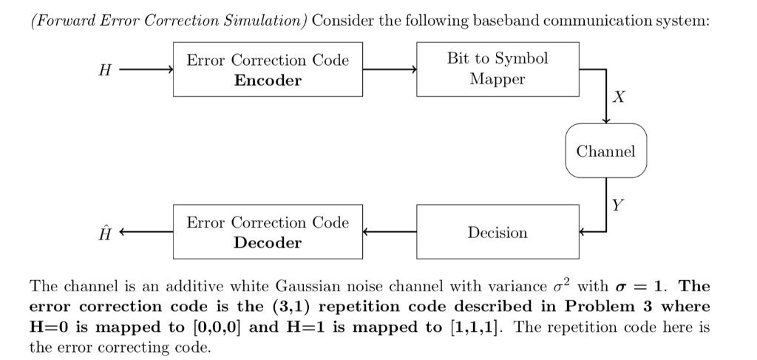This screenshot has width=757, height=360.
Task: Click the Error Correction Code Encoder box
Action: point(268,70)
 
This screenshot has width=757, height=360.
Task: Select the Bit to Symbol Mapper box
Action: point(498,69)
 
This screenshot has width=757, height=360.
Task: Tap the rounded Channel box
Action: point(605,152)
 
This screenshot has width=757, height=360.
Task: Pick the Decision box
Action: point(498,232)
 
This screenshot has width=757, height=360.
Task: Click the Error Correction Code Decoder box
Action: point(268,232)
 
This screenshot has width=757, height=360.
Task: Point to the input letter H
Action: point(105,71)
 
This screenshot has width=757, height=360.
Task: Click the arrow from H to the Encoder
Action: point(146,70)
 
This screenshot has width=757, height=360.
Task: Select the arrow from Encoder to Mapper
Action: point(390,70)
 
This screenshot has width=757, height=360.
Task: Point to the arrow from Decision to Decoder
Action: point(390,232)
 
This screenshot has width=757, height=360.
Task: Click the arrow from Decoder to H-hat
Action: point(146,232)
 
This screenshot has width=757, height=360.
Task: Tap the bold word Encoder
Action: point(268,81)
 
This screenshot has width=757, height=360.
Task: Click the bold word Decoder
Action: point(268,242)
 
